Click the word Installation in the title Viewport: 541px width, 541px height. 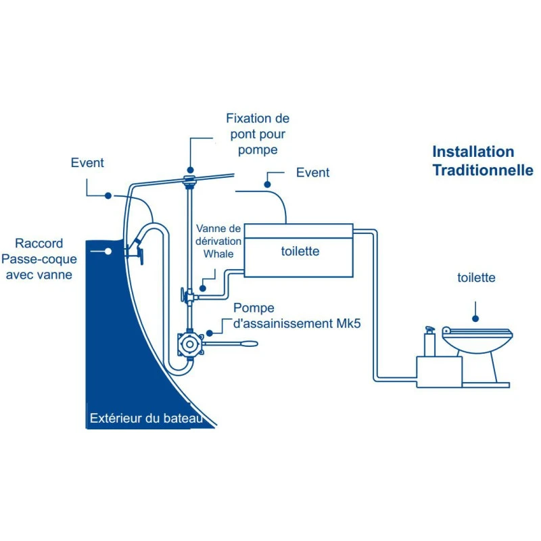coord(473,152)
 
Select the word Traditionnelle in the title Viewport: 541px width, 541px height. coord(482,170)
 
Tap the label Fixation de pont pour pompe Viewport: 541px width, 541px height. coord(257,134)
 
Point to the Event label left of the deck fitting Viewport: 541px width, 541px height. coord(87,163)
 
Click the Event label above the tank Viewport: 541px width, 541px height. coord(312,173)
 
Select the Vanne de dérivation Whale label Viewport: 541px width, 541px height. coord(217,241)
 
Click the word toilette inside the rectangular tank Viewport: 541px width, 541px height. coord(300,252)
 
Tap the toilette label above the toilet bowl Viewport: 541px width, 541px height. coord(476,278)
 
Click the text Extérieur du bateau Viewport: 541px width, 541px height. coord(145,419)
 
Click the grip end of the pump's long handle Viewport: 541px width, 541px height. coord(248,344)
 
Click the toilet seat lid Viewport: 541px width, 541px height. coord(477,331)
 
